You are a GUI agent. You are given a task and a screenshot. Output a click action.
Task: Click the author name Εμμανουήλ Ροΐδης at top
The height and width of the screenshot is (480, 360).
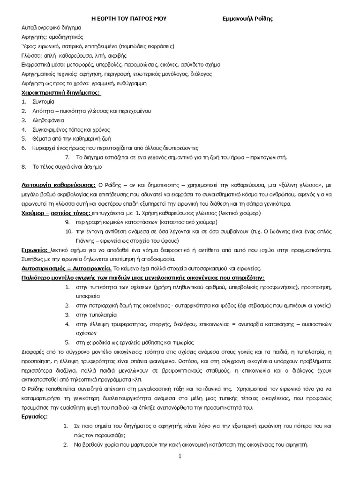click(247, 19)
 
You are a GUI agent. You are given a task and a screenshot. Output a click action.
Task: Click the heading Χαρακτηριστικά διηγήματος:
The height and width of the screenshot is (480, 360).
click(61, 92)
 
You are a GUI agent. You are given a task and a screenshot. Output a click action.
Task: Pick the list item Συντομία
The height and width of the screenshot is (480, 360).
click(44, 102)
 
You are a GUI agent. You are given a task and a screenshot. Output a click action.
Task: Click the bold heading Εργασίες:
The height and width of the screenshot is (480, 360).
click(35, 416)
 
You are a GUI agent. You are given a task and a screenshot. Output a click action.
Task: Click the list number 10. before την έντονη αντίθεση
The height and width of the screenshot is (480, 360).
click(68, 232)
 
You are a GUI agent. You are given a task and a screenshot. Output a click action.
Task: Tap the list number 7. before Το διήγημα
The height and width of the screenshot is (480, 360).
click(67, 157)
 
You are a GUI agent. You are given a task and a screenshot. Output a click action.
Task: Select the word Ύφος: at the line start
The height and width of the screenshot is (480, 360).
click(30, 46)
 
